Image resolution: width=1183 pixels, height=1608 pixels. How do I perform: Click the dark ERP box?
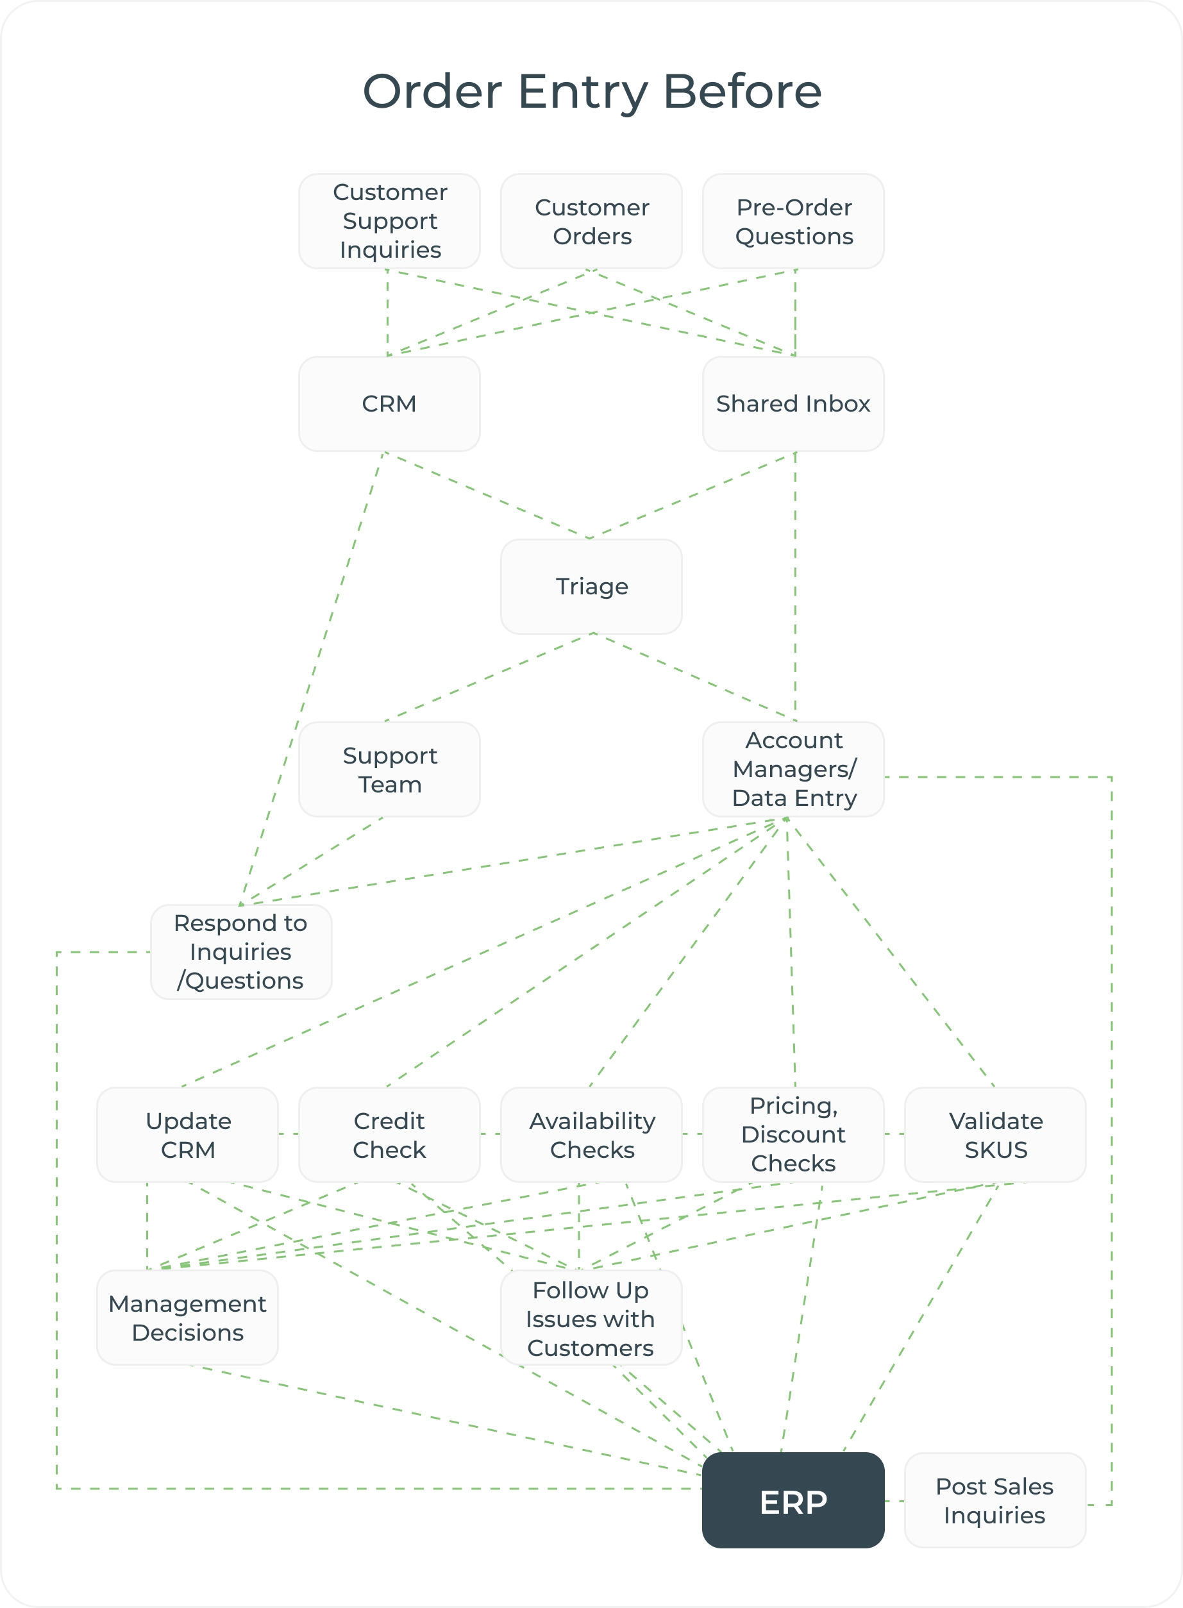(x=793, y=1499)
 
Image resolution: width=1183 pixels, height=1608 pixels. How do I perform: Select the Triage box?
(x=591, y=587)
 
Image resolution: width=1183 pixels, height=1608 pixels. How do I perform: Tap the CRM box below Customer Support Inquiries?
(x=389, y=404)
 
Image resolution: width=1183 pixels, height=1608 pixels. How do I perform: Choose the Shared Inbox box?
(x=793, y=404)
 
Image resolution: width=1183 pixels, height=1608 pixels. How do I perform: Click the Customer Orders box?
(x=591, y=221)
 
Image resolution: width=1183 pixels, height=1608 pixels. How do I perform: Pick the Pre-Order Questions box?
(x=793, y=221)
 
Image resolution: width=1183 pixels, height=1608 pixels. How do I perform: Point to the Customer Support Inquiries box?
(x=389, y=221)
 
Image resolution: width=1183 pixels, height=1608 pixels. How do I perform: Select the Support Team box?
(x=389, y=769)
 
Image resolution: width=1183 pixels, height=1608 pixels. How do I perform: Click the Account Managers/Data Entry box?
(x=793, y=769)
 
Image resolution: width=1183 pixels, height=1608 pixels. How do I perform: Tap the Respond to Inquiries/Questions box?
(x=240, y=951)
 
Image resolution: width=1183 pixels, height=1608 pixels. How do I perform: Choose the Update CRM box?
(x=188, y=1135)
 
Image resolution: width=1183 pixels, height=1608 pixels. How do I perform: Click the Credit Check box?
(x=389, y=1135)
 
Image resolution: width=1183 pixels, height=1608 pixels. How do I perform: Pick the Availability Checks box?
(x=591, y=1135)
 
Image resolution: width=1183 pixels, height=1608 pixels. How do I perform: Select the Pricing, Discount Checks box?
(x=793, y=1135)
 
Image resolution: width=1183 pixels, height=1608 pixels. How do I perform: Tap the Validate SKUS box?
(x=995, y=1135)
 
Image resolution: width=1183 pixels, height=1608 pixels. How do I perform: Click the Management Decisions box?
(x=188, y=1318)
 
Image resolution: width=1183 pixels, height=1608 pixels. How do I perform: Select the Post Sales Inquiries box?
(x=995, y=1500)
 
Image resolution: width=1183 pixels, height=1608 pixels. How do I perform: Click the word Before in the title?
(x=742, y=92)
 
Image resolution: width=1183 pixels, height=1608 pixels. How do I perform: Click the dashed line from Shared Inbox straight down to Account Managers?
(x=796, y=587)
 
